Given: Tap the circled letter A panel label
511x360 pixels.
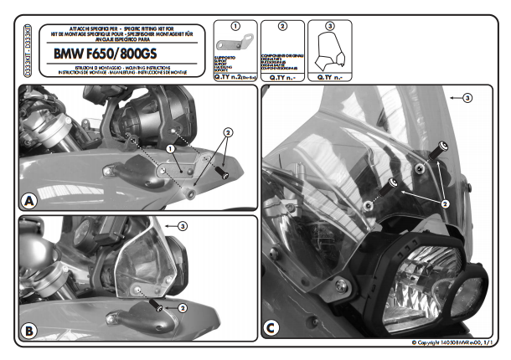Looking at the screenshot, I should tap(29, 201).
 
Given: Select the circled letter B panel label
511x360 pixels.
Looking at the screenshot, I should tap(29, 332).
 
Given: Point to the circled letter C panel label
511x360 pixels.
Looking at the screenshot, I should tap(273, 327).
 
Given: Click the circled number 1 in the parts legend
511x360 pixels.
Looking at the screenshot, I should tap(235, 26).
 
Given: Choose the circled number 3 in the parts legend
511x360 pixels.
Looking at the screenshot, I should tap(328, 26).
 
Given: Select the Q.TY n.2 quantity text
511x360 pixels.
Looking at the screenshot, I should tap(235, 77).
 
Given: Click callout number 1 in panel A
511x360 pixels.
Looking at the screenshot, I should tap(169, 148).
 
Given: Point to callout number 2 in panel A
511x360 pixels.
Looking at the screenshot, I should tap(227, 132).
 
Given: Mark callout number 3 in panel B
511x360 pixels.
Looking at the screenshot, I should tap(183, 225).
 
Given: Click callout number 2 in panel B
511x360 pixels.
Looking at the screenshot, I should tap(183, 307).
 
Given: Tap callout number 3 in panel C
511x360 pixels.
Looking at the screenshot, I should tap(468, 98).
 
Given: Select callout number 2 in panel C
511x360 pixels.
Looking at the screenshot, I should tap(445, 203).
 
